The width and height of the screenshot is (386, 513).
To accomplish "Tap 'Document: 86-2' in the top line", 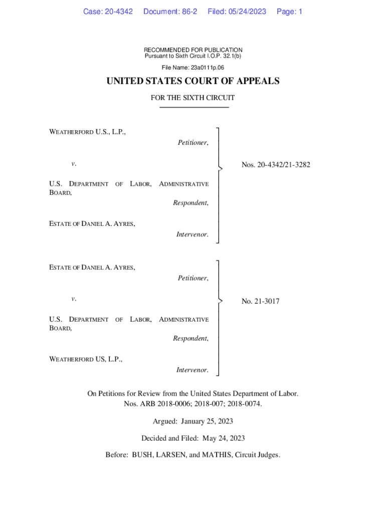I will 170,12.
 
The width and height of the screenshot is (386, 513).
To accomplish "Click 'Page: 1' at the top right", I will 289,12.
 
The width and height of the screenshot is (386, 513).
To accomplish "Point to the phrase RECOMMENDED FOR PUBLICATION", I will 193,50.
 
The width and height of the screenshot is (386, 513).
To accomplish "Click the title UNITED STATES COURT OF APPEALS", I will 193,81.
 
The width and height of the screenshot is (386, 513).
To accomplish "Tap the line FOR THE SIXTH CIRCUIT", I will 193,98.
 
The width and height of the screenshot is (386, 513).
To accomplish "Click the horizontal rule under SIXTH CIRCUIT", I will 193,107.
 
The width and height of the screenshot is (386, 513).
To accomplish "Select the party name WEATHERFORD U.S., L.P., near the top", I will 87,132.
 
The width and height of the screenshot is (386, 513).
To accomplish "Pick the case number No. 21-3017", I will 261,301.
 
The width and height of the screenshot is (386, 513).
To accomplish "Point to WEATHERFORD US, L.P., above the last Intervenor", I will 86,359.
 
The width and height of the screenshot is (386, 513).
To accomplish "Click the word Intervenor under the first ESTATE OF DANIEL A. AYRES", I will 192,234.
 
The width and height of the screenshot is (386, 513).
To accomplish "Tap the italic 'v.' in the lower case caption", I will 74,299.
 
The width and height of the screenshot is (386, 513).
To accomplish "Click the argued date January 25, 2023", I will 212,421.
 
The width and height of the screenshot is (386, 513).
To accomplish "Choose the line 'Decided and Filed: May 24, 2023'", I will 193,438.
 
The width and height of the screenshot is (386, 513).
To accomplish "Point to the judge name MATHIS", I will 218,455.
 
